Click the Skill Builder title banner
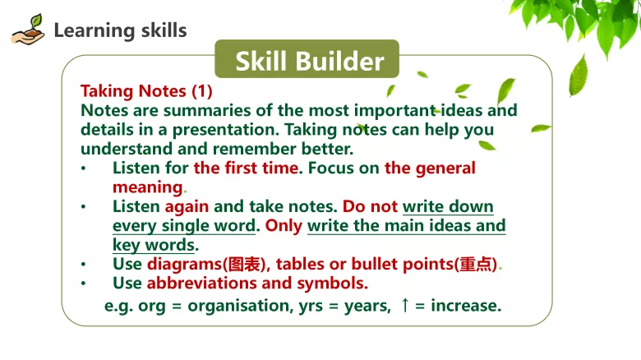pos(307,61)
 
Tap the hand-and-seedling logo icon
pos(27,30)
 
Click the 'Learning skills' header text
pos(120,31)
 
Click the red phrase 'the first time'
pos(244,168)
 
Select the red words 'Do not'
pos(370,206)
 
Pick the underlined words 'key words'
pos(153,245)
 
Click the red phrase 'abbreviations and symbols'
pos(256,284)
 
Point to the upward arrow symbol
pos(404,306)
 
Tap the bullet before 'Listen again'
pos(83,207)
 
